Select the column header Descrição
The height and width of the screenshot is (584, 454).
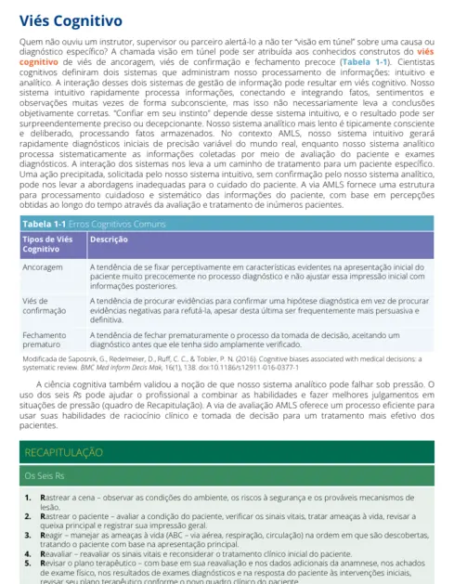click(109, 240)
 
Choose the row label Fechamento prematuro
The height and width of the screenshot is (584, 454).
click(45, 340)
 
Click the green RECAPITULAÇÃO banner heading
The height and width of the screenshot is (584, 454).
click(63, 452)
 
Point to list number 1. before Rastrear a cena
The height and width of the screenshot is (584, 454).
click(29, 499)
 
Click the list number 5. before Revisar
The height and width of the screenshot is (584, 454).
click(29, 563)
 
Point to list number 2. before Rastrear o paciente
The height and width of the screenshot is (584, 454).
click(29, 518)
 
